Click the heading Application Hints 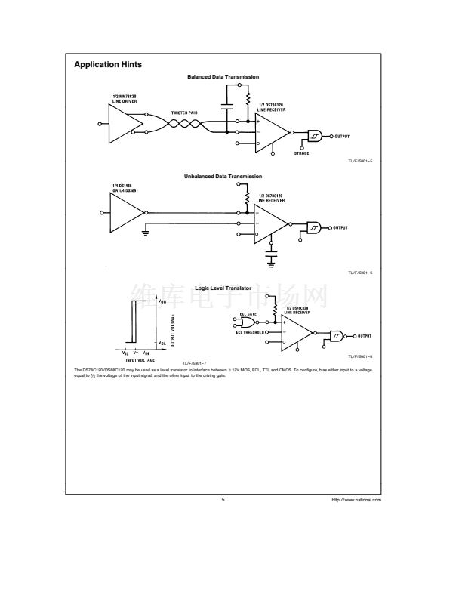108,65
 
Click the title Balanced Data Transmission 223,77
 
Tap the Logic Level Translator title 223,288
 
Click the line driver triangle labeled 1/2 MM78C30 125,123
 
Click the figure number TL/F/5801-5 360,161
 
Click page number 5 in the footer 223,499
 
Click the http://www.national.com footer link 356,500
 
